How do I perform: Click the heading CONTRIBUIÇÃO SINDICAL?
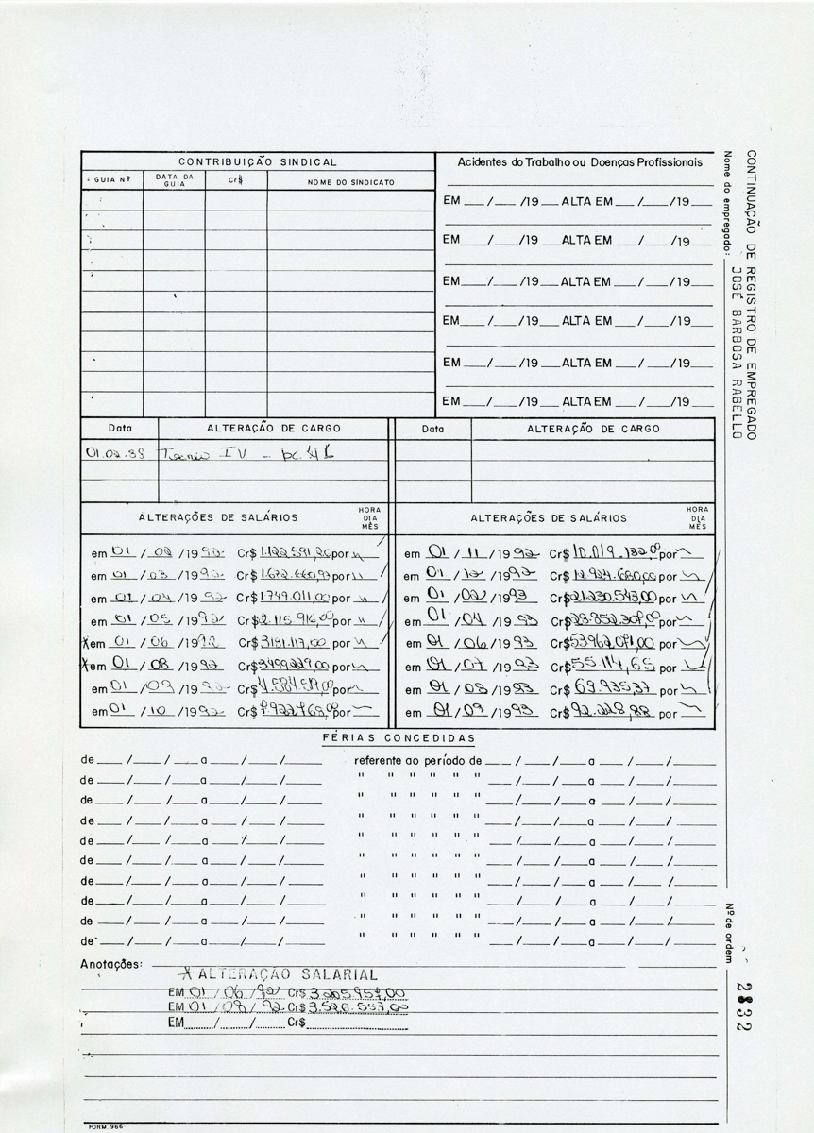click(257, 162)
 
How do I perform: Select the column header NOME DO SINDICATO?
click(350, 182)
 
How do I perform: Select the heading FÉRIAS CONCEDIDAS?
click(399, 737)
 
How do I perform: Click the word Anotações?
click(111, 964)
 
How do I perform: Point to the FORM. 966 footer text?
click(105, 1125)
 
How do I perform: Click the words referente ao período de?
click(417, 759)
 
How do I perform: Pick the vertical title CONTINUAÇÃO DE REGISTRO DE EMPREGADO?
click(752, 294)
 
